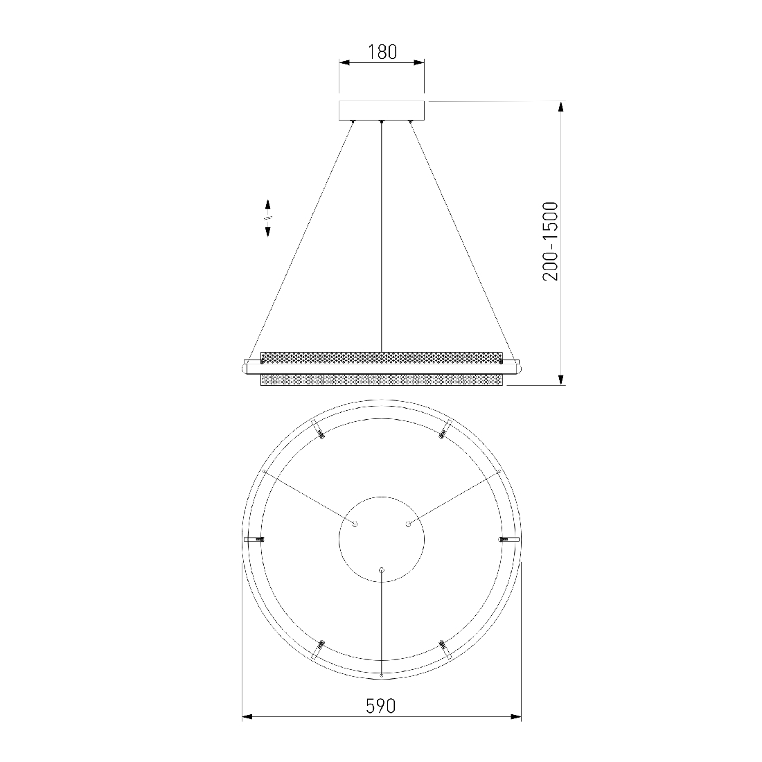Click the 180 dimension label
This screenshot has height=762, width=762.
coord(382,52)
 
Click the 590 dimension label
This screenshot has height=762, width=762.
coord(381,706)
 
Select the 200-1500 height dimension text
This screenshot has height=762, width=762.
coord(551,242)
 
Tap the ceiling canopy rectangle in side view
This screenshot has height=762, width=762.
coord(382,110)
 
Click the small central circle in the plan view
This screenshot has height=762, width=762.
coord(382,539)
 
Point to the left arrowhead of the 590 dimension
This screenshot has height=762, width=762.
coord(248,717)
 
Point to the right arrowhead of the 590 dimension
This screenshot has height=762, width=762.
coord(515,717)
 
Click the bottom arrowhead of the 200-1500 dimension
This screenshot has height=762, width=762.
coord(561,379)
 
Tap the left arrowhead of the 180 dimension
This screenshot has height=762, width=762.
coord(344,62)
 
